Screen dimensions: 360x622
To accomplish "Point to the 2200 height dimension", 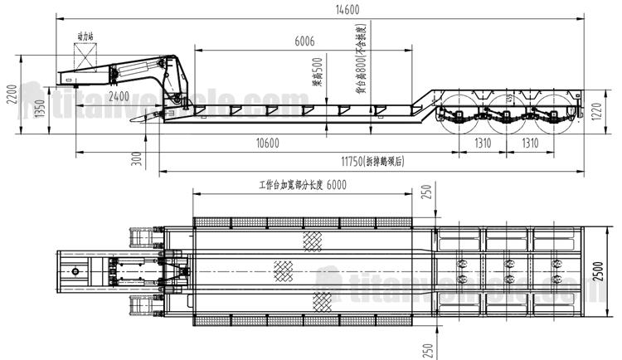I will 11,94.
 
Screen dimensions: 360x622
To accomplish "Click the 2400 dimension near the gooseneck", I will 119,97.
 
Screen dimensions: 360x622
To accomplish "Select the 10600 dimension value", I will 265,143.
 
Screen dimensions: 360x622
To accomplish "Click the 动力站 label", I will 84,37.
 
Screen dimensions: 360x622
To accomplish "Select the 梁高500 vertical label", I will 318,75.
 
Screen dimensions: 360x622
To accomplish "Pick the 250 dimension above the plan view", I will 426,193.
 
